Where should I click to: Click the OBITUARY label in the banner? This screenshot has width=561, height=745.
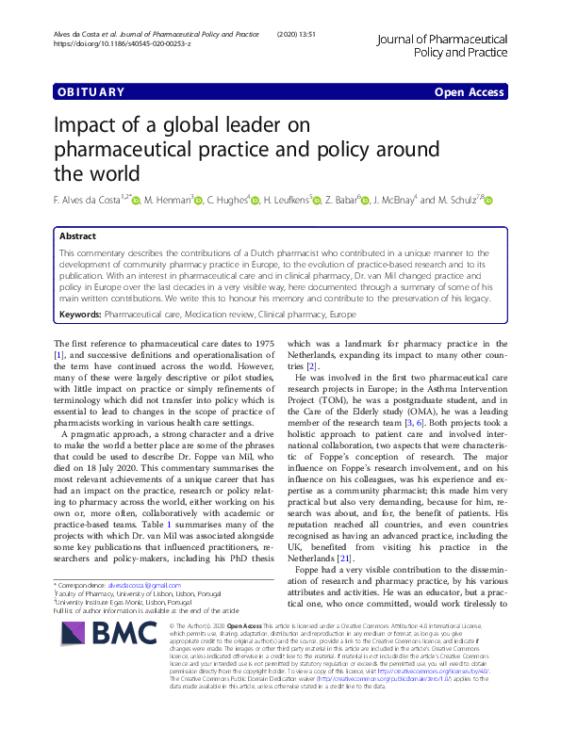point(91,92)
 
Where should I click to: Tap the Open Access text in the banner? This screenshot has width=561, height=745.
point(470,92)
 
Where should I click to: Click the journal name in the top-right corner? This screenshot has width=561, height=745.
point(442,44)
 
